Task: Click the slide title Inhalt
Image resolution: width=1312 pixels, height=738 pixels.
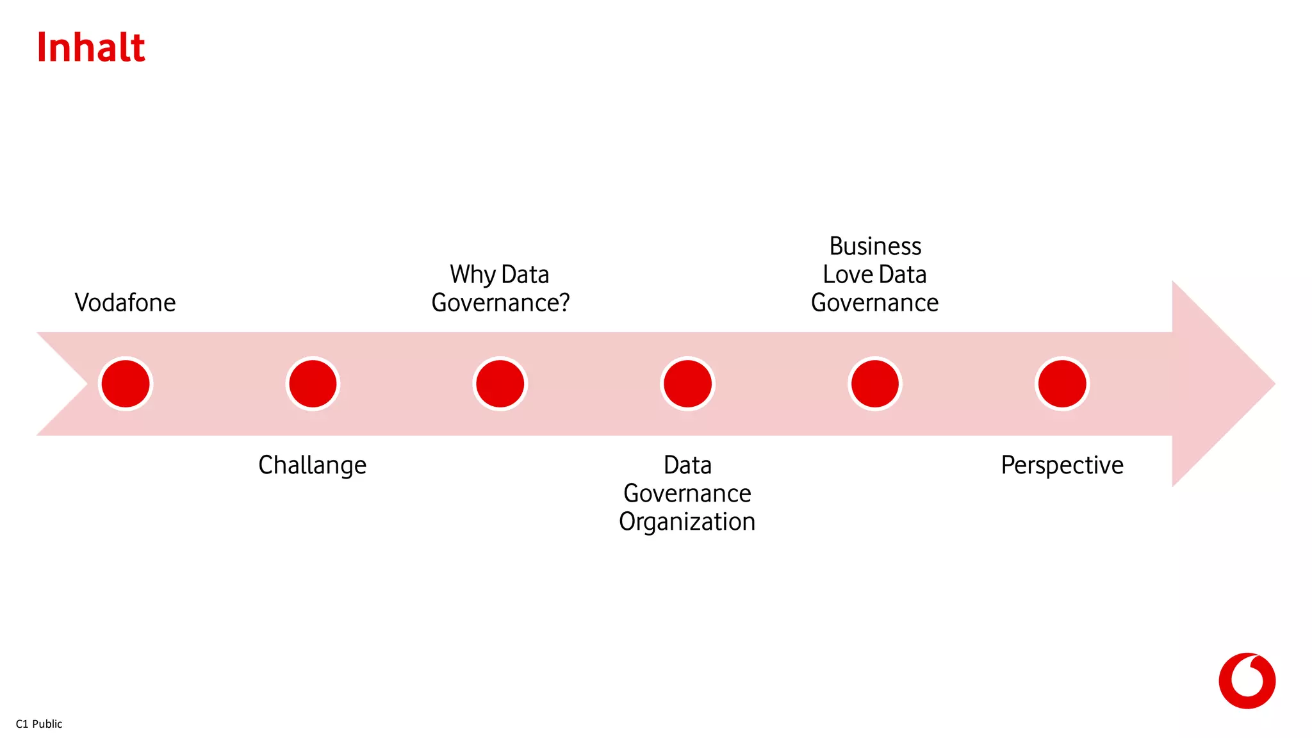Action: (91, 47)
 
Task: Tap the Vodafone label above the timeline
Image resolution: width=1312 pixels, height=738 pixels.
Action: (125, 302)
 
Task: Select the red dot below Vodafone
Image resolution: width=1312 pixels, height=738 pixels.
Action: (126, 384)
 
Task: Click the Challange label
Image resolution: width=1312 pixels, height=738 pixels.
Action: (313, 465)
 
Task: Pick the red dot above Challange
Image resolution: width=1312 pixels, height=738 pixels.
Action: (313, 384)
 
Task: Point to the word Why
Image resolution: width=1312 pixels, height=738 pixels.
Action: (473, 275)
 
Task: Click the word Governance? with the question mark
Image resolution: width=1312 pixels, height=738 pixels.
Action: (500, 303)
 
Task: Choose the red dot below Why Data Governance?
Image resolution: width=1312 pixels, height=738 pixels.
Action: (500, 384)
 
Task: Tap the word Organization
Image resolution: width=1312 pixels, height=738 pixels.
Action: (687, 521)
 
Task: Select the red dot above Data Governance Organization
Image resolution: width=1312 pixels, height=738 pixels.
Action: (687, 384)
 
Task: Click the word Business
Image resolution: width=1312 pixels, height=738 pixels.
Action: (875, 246)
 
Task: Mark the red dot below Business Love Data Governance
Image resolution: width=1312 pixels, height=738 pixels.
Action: (875, 384)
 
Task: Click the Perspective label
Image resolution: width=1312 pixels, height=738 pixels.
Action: (1062, 465)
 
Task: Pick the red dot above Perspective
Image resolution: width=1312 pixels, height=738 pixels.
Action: (1062, 384)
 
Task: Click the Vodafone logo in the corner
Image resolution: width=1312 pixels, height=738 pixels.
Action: (1247, 680)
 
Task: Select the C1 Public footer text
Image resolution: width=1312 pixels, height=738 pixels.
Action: (39, 724)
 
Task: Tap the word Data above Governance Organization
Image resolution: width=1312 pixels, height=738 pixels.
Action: (687, 465)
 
